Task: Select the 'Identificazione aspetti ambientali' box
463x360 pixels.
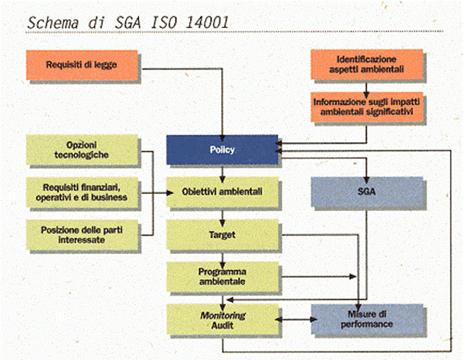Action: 366,64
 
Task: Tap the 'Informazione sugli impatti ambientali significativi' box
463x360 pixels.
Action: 366,108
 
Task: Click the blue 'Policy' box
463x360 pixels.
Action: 222,150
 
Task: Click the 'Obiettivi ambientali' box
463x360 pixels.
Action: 222,192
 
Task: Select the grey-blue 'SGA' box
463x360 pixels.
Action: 365,192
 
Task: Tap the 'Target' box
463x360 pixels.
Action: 222,234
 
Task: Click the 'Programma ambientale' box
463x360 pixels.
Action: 222,277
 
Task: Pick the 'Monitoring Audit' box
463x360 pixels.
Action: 222,319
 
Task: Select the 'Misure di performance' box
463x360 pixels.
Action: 365,319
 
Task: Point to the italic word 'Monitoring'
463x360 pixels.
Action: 222,314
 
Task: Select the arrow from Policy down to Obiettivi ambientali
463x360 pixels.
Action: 222,172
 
